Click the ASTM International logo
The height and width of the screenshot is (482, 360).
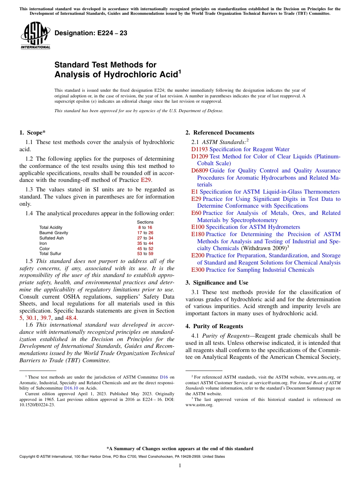click(x=35, y=35)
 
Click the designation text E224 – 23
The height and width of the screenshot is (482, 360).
click(x=91, y=33)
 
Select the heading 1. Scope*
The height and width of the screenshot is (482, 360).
click(x=32, y=133)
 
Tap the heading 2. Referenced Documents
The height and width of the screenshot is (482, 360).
click(x=220, y=133)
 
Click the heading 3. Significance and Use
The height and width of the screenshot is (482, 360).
click(x=217, y=283)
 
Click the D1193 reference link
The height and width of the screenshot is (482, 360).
click(x=199, y=149)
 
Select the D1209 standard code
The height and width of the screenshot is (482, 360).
click(x=199, y=156)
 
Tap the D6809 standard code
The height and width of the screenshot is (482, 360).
click(x=199, y=171)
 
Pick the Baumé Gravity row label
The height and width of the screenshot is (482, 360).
click(x=54, y=233)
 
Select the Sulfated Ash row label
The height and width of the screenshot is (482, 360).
click(x=52, y=238)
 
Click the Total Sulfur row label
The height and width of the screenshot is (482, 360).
click(x=50, y=254)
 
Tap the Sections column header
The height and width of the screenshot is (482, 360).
click(x=145, y=222)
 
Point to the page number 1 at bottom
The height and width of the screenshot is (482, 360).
click(x=180, y=466)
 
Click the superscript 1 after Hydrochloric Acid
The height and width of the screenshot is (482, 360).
click(x=180, y=72)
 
